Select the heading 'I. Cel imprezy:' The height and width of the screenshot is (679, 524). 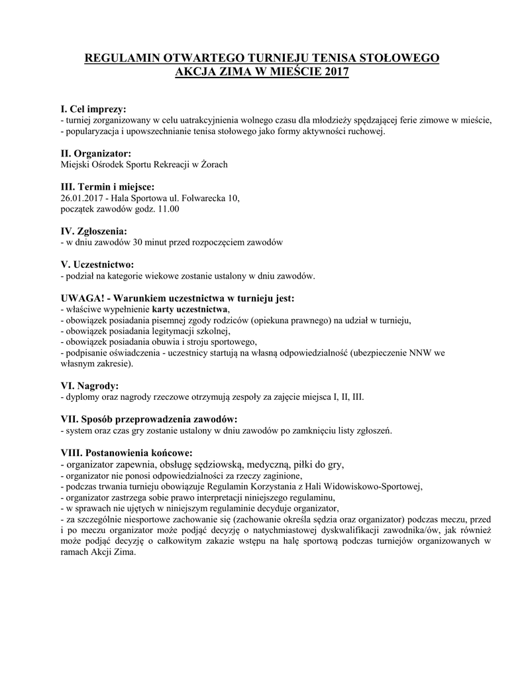[93, 109]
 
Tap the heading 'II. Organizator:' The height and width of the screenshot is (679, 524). [95, 153]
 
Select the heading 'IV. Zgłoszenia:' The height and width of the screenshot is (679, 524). [93, 231]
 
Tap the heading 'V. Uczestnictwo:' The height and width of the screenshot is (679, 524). [97, 265]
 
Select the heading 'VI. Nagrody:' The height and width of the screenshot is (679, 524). [89, 386]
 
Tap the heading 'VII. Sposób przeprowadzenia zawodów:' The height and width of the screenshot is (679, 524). [148, 419]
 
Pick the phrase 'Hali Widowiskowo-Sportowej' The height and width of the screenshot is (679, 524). [366, 486]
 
